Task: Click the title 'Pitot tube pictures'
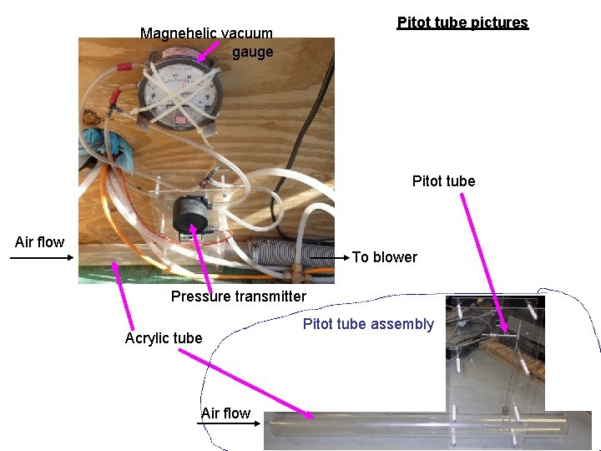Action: (x=462, y=23)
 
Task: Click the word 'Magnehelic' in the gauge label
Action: (x=174, y=33)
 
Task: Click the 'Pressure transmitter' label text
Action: (x=239, y=296)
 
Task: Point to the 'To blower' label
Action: (x=384, y=257)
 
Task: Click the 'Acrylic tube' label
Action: (x=164, y=338)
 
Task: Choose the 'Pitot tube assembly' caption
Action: (x=368, y=324)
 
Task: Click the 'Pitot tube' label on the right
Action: (x=443, y=181)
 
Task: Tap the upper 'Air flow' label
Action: (x=39, y=242)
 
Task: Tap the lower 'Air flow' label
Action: (x=225, y=413)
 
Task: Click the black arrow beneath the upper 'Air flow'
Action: (x=42, y=257)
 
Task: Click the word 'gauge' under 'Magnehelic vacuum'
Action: (x=252, y=53)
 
